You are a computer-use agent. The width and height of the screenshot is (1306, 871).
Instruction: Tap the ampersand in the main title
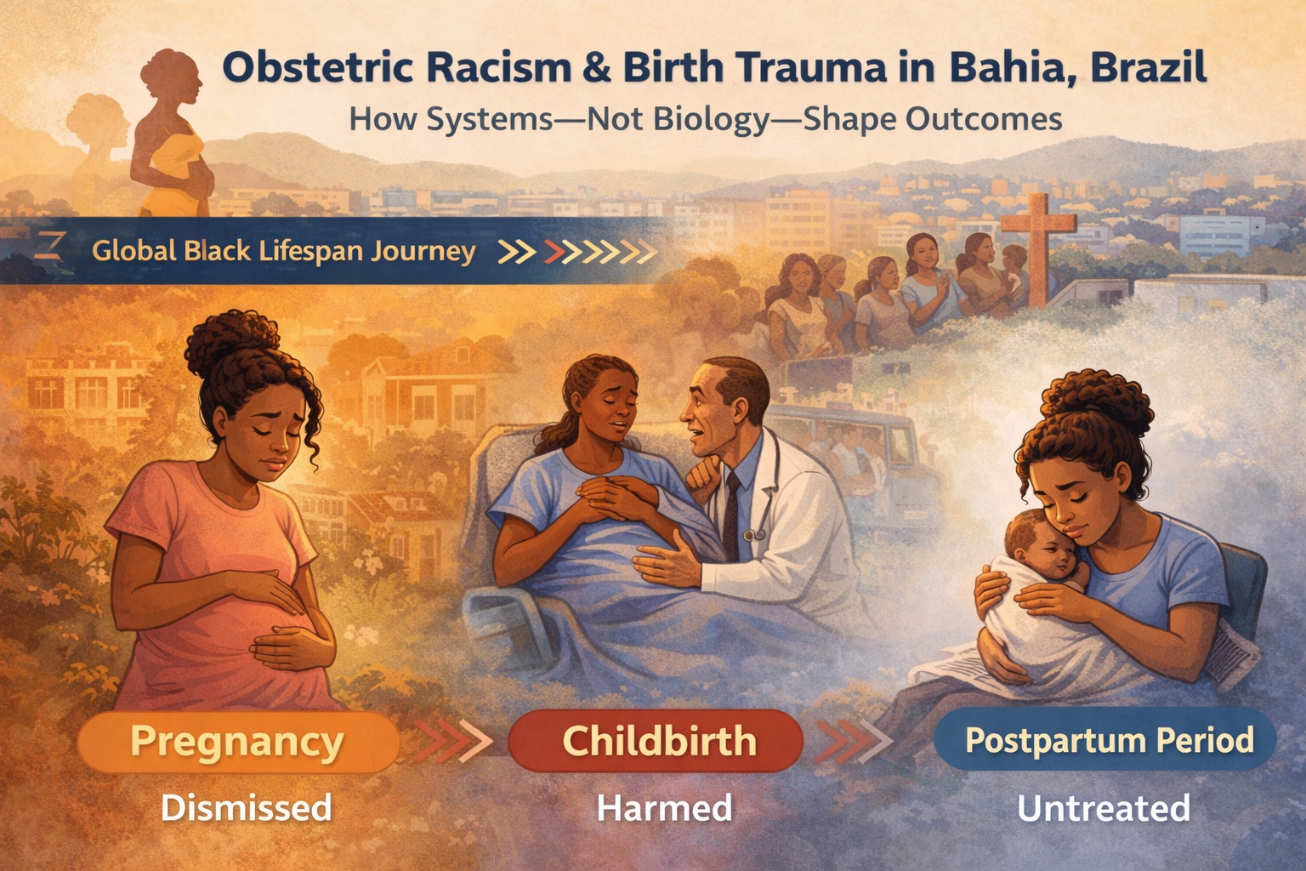(x=597, y=68)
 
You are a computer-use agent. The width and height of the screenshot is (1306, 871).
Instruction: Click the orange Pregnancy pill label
(x=237, y=742)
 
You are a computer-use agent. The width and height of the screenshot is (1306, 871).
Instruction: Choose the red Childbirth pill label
(x=656, y=741)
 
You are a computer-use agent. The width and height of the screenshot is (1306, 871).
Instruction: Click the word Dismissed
(x=247, y=808)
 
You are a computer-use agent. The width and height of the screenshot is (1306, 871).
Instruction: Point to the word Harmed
(x=664, y=808)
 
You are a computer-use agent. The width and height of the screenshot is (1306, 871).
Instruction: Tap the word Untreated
(x=1104, y=808)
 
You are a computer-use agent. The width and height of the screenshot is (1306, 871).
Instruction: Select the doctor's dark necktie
(x=731, y=514)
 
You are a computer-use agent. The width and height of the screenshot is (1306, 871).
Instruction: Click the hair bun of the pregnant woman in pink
(x=232, y=341)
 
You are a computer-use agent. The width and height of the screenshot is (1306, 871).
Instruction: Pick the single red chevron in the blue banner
(x=554, y=252)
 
